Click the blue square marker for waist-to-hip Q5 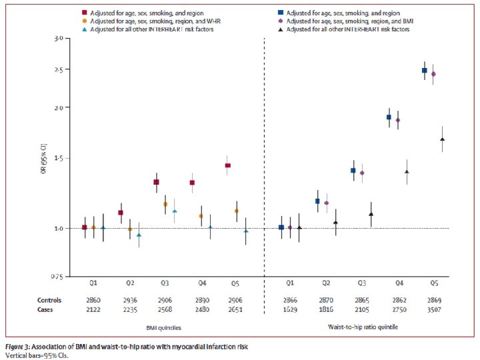(424, 70)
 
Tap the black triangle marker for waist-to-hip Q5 (442, 139)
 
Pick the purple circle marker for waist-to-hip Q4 (398, 120)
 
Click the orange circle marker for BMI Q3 (165, 204)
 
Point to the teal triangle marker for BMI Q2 (139, 235)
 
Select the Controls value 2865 (362, 301)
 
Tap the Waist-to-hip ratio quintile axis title (361, 328)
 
